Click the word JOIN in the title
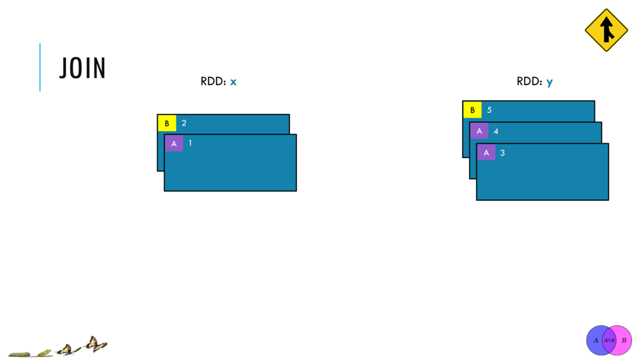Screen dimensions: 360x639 coord(82,68)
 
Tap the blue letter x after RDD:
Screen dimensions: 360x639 coord(233,82)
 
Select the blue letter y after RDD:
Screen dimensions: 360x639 coord(550,82)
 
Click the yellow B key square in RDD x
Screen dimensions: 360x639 coord(167,123)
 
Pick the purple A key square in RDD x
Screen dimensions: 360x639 coord(174,143)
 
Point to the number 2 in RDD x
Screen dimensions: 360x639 coord(184,123)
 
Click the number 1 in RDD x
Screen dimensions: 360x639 coord(190,143)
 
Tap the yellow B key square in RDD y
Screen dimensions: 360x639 coord(472,110)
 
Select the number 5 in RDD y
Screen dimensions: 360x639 coord(489,110)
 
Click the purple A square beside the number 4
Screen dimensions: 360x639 coord(479,131)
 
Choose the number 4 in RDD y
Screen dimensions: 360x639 coord(496,131)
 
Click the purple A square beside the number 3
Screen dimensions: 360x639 coord(486,153)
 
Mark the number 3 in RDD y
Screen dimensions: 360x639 coord(502,153)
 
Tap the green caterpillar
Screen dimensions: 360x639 coord(19,354)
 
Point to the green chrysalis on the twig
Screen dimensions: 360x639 coord(45,352)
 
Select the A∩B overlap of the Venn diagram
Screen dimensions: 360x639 coord(610,340)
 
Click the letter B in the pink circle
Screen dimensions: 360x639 coord(624,340)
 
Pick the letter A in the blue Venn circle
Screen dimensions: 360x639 coord(596,340)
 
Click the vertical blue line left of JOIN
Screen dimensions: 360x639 coord(40,67)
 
